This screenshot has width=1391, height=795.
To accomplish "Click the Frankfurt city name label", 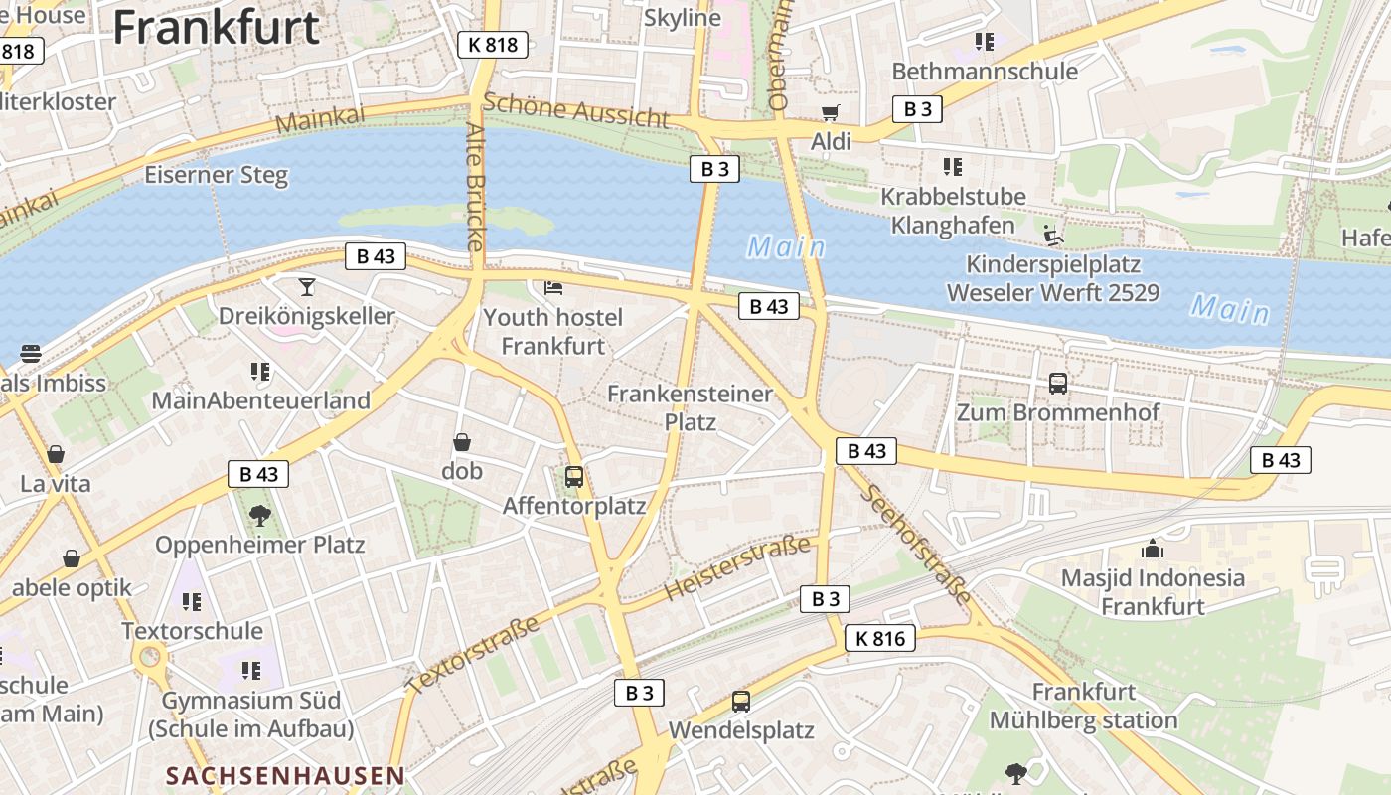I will [216, 27].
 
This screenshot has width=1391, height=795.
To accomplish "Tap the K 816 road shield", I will [879, 638].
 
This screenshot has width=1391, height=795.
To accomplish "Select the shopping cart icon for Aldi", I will [830, 112].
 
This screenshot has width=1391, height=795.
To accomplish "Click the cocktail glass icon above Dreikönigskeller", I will [307, 287].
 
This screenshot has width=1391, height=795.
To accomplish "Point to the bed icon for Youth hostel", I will [553, 288].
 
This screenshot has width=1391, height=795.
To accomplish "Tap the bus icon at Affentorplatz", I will [574, 476].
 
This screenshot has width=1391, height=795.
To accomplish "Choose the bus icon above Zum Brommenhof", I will [1058, 383].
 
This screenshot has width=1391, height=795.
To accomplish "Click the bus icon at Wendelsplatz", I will [741, 701].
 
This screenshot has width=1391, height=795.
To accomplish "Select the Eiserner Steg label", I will [216, 176].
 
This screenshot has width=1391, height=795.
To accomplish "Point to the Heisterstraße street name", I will [736, 567].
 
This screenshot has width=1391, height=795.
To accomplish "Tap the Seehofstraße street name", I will [915, 545].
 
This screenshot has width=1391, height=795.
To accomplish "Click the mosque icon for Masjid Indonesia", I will [1153, 548].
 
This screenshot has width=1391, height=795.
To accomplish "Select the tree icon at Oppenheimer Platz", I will [260, 515].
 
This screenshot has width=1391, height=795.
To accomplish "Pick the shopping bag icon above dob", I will [462, 442].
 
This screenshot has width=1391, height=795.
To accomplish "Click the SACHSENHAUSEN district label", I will [285, 775].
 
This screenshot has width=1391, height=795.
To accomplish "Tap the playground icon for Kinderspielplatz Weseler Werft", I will [1053, 236].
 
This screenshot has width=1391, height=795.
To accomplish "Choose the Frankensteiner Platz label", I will [690, 407].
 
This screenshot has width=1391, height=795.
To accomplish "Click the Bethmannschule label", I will [984, 72].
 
